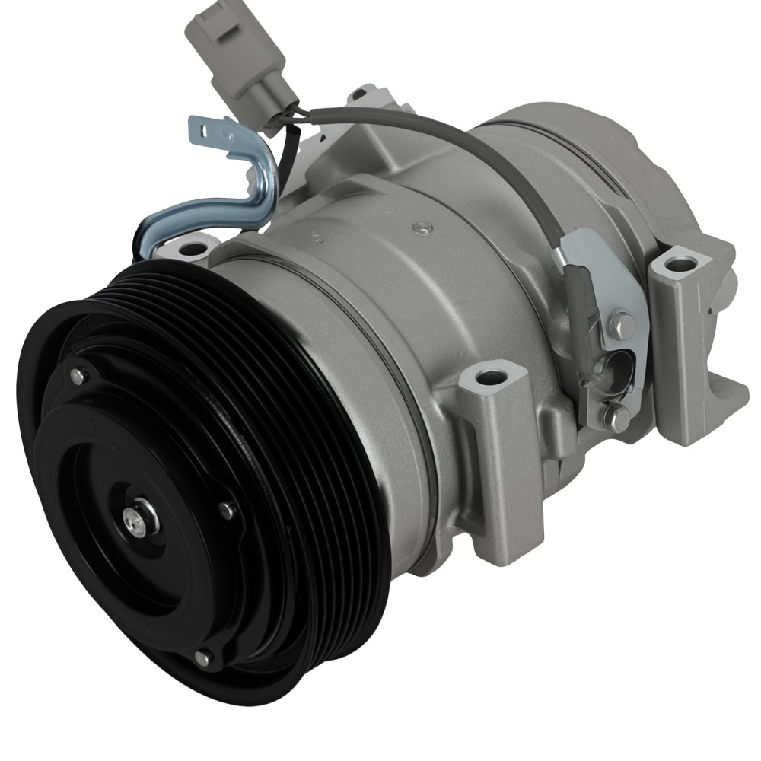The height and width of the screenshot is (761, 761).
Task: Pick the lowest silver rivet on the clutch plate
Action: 202,656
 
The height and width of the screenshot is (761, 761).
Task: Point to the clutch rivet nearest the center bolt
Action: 226,511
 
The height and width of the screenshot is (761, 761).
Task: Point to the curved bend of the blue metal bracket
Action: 263,190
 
